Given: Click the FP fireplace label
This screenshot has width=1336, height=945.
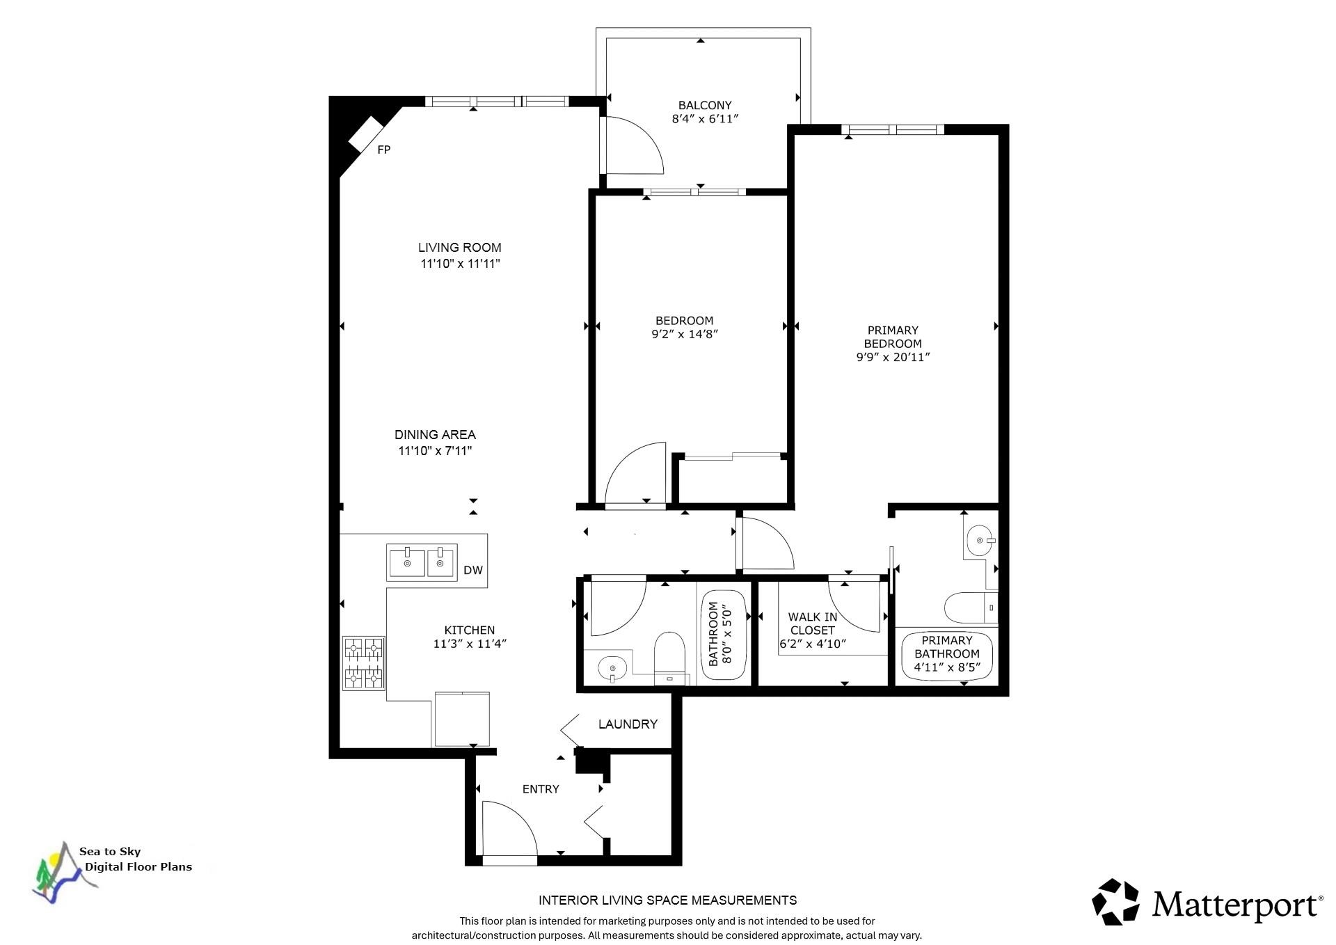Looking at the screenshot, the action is click(383, 150).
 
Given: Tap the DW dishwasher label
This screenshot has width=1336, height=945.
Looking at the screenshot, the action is click(473, 571).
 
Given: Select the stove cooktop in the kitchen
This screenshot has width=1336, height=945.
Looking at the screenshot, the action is click(364, 663).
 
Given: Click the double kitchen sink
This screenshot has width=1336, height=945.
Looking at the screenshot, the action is click(422, 562).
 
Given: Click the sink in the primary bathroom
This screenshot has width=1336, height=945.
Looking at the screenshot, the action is click(981, 541).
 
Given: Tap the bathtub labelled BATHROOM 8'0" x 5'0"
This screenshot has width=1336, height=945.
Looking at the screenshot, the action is click(725, 634).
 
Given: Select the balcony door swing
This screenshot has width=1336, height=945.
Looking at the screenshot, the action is click(632, 145).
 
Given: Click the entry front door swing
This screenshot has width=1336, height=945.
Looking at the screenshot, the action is click(510, 832).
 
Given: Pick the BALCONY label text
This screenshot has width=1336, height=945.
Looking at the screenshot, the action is click(705, 105).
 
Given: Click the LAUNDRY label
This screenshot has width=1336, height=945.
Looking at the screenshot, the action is click(628, 724).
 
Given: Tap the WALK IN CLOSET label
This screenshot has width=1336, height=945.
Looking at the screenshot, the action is click(813, 624).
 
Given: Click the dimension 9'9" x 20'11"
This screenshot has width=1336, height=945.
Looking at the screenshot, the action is click(893, 357).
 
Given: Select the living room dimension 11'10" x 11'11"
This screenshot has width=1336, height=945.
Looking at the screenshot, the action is click(460, 264).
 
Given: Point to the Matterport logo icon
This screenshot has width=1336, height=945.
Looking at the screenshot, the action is click(1115, 902).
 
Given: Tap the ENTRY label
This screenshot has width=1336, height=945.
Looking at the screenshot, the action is click(541, 789).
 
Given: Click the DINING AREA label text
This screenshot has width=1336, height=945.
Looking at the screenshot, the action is click(435, 435).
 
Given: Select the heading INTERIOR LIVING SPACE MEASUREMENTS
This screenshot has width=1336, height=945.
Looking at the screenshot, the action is click(667, 900).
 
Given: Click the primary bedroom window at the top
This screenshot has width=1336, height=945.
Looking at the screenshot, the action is click(893, 129).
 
